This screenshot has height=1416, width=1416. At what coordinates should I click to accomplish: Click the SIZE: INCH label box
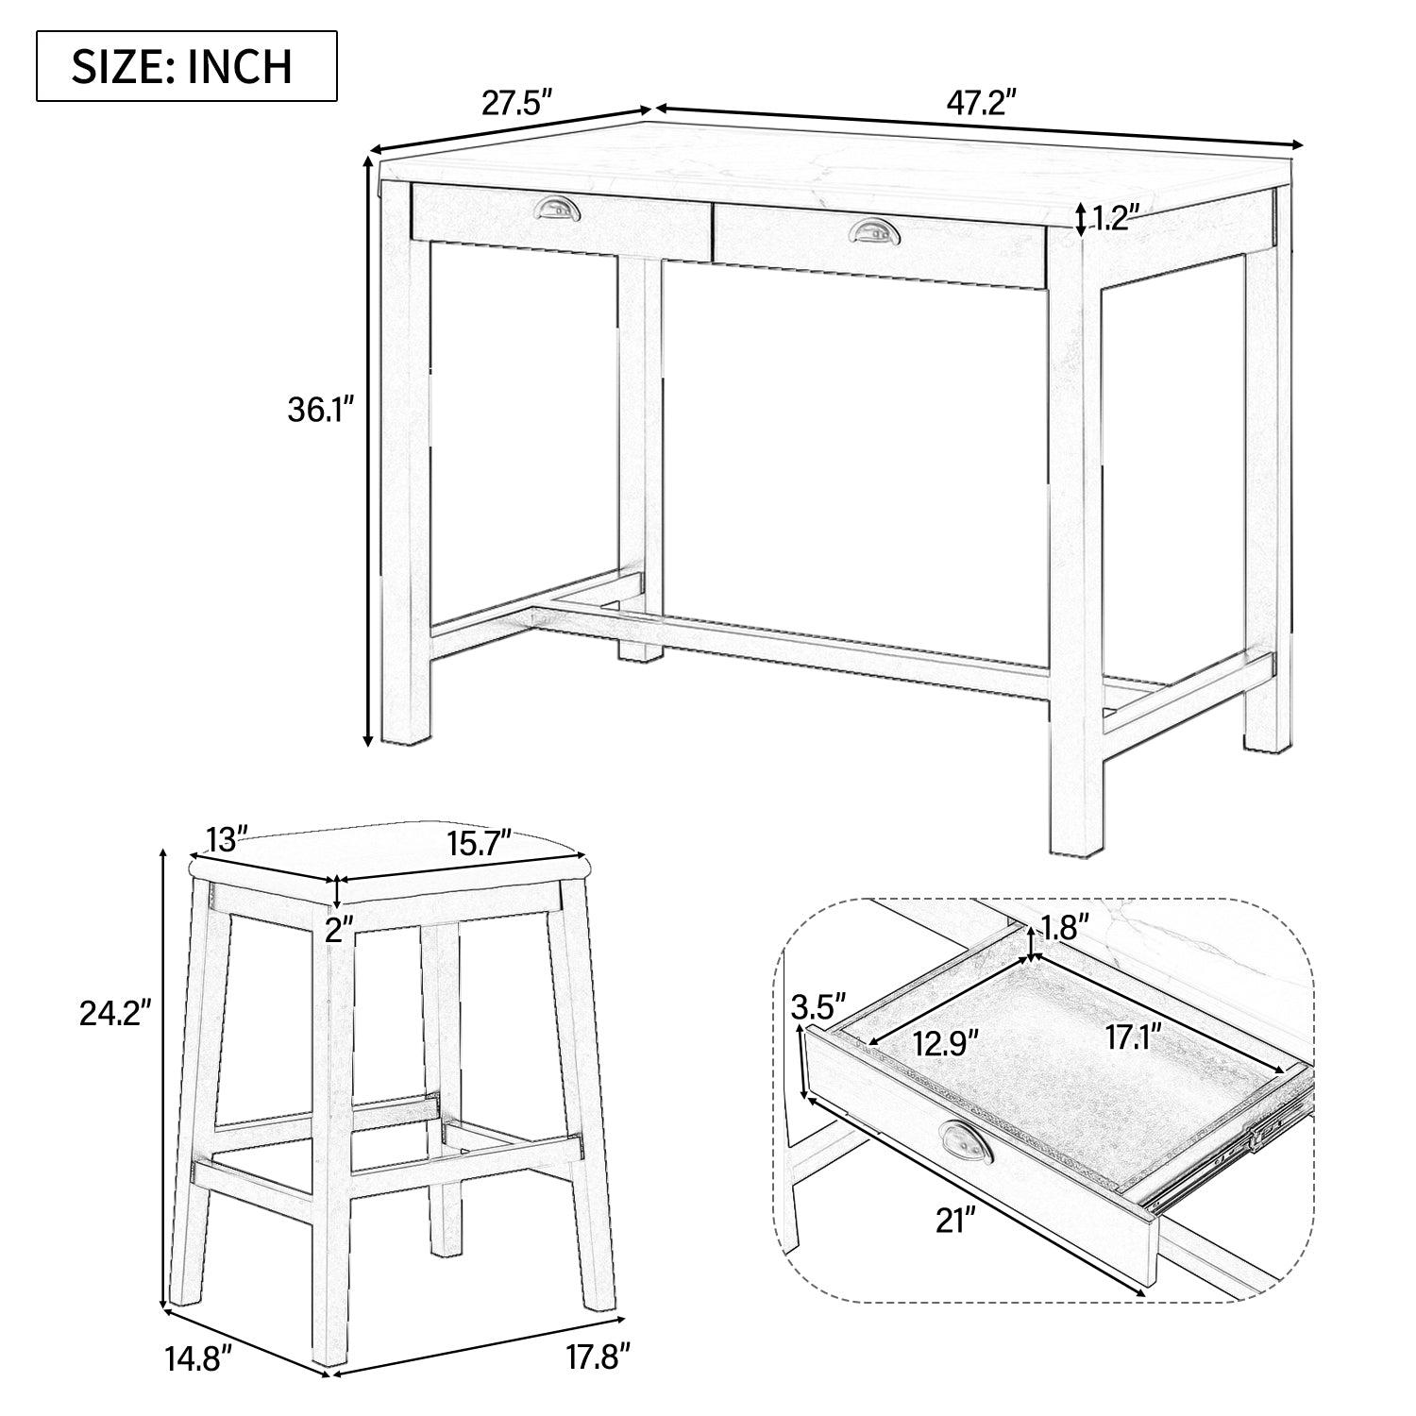[186, 66]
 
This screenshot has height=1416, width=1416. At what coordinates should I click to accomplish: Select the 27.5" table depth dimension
[516, 102]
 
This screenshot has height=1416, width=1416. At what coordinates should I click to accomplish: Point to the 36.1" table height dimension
[320, 412]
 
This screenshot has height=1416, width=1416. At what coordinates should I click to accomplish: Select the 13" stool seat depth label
[227, 837]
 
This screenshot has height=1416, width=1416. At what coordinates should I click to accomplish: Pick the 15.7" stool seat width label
[479, 841]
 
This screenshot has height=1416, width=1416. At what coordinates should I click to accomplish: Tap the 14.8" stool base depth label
[196, 1360]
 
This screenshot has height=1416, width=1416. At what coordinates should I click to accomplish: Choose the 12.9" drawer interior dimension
[946, 1043]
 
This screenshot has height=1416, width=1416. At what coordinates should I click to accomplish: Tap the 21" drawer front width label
[954, 1221]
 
